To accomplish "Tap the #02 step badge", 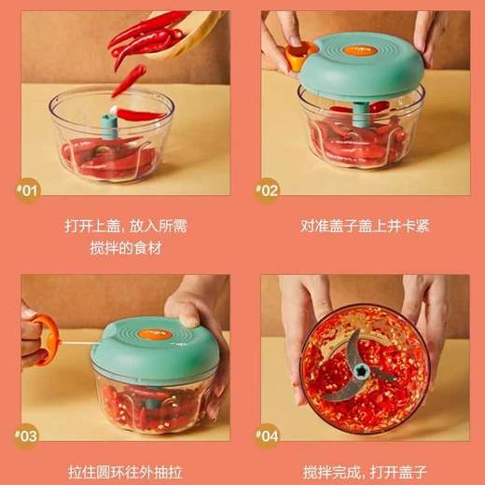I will point(269,190).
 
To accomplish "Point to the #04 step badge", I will point(269,435).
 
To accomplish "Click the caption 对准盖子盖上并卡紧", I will point(359,226).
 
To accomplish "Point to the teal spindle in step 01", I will point(111,125).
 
